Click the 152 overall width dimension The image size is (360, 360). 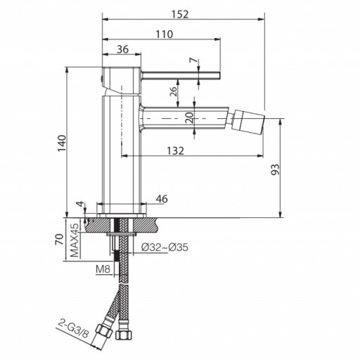coord(180,14)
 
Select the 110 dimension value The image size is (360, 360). coord(165,34)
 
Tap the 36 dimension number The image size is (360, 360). coord(122,49)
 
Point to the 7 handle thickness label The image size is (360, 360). coord(193,60)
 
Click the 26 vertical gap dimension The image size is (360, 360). coord(173,91)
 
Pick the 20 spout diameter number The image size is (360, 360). coord(190,117)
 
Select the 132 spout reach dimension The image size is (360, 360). coord(175,150)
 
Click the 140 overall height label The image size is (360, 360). coord(63,143)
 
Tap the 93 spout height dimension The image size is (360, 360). coord(275,169)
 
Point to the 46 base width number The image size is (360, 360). coord(162,199)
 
